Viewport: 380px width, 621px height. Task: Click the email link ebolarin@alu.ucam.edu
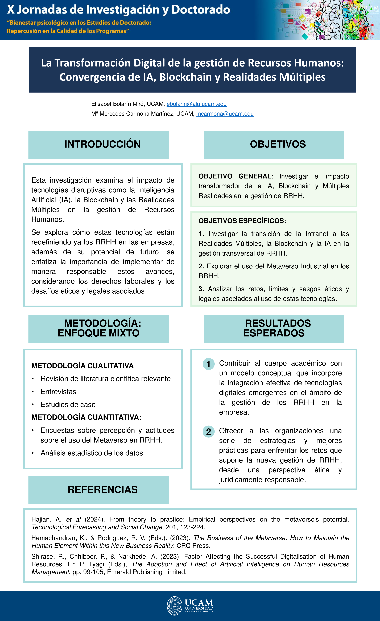tap(196, 104)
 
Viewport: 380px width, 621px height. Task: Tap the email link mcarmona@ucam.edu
tap(225, 114)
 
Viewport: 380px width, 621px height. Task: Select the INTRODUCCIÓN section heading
tap(102, 144)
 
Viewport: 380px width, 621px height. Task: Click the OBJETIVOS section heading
tap(278, 144)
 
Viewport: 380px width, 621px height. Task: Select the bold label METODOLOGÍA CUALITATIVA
tap(82, 366)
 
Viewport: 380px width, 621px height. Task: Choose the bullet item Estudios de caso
tap(68, 405)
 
